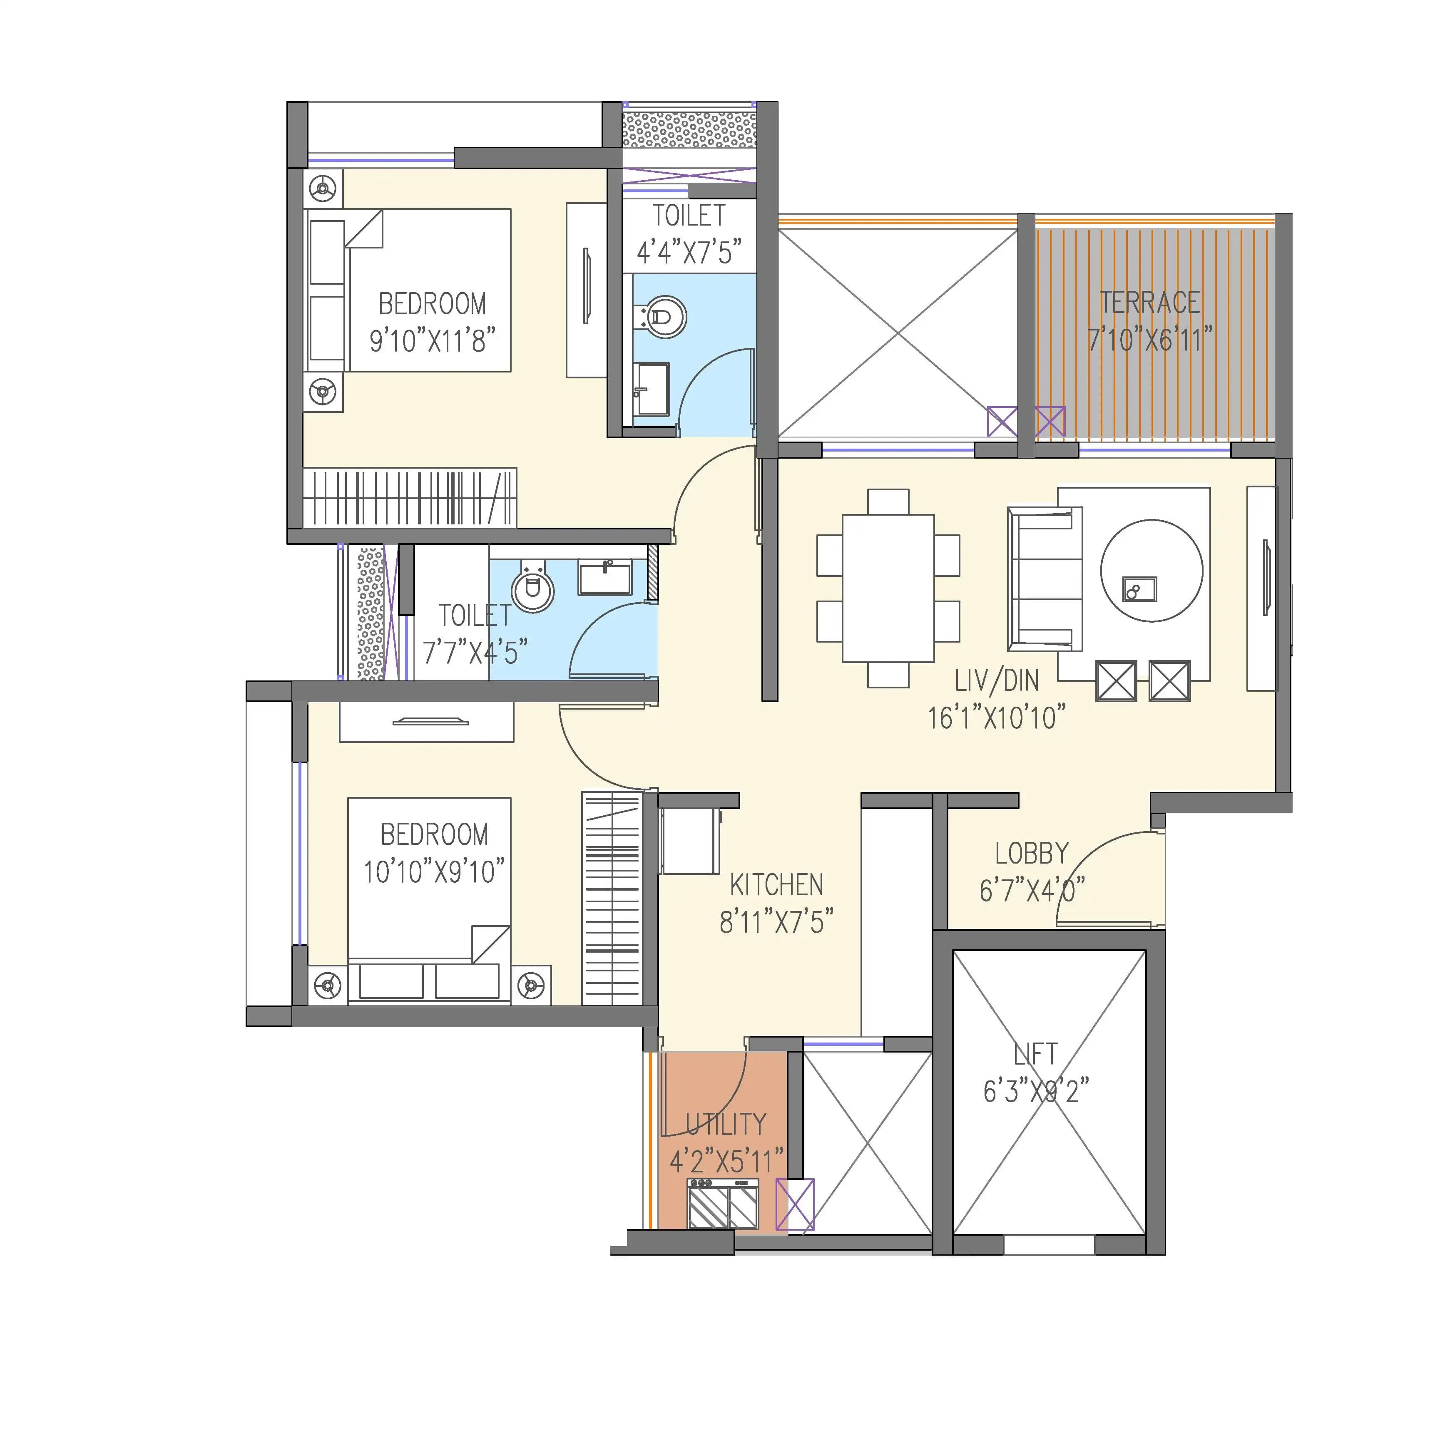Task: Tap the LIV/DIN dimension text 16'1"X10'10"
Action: point(996,718)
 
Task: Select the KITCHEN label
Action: point(776,886)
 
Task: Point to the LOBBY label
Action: point(1031,854)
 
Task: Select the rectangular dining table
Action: point(888,588)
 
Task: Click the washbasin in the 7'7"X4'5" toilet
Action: point(605,578)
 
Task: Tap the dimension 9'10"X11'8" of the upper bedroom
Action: point(433,341)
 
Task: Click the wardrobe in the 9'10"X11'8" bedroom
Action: point(409,498)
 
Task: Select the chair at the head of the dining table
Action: point(888,501)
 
